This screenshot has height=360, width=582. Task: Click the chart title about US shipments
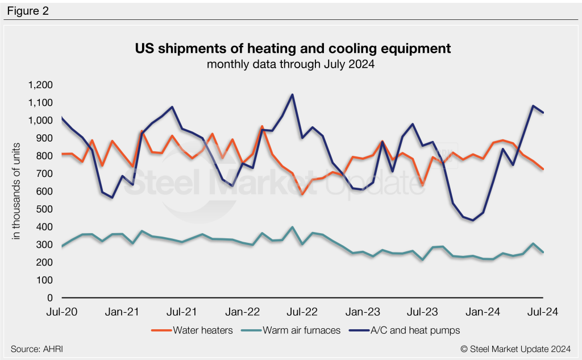click(293, 49)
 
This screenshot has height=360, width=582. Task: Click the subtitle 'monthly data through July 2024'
click(290, 64)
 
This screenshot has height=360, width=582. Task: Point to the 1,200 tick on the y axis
click(40, 85)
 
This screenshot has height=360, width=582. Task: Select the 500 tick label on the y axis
click(45, 209)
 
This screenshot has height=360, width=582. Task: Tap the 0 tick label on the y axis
click(49, 298)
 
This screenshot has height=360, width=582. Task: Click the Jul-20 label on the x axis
click(62, 312)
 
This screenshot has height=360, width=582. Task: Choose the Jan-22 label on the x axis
click(243, 312)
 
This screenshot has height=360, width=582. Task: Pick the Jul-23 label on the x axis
click(424, 312)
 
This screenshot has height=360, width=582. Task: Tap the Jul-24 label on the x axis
click(544, 312)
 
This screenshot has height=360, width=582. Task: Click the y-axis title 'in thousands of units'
click(18, 192)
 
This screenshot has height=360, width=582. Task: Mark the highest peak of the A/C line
click(292, 94)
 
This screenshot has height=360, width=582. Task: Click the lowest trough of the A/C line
click(473, 220)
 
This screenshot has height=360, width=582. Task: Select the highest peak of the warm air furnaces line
click(292, 227)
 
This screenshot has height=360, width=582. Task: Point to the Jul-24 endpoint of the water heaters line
click(543, 169)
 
